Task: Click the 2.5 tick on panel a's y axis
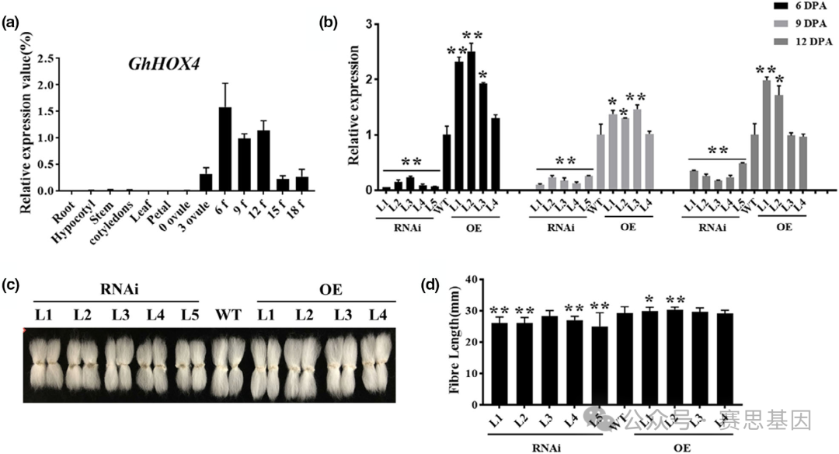point(50,58)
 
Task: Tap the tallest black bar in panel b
point(472,121)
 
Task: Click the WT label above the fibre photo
point(229,315)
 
